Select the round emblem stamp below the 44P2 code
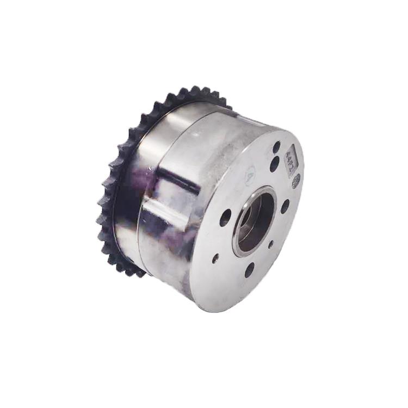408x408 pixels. click(295, 182)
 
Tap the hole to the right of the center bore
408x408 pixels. click(285, 206)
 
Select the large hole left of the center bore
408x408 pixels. click(225, 218)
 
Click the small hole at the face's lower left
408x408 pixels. click(215, 258)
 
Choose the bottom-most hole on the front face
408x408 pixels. click(249, 270)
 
